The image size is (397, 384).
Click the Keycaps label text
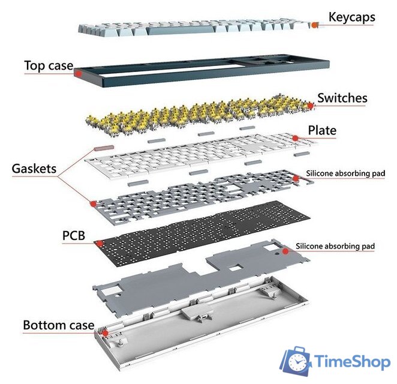(x=351, y=17)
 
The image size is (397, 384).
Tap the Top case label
(x=49, y=65)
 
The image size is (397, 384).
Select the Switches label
(x=342, y=98)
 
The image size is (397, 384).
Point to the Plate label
(x=322, y=130)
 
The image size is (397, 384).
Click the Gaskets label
(x=34, y=169)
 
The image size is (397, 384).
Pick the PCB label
(x=74, y=236)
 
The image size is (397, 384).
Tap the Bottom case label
(x=59, y=325)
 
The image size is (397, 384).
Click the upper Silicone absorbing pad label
(x=345, y=173)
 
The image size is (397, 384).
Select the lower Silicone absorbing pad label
(x=335, y=246)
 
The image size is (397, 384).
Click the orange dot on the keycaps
(x=314, y=25)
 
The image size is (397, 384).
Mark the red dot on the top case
(x=79, y=74)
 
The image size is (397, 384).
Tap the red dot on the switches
(x=311, y=106)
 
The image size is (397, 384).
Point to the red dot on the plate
(x=295, y=138)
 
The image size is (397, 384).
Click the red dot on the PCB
(x=100, y=244)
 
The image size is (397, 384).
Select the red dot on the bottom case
(x=105, y=333)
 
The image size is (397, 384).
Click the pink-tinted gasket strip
(x=104, y=148)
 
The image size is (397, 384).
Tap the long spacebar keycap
(x=181, y=31)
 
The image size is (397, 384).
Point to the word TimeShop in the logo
(x=352, y=361)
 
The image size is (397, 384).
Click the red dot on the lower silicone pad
(x=285, y=251)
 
